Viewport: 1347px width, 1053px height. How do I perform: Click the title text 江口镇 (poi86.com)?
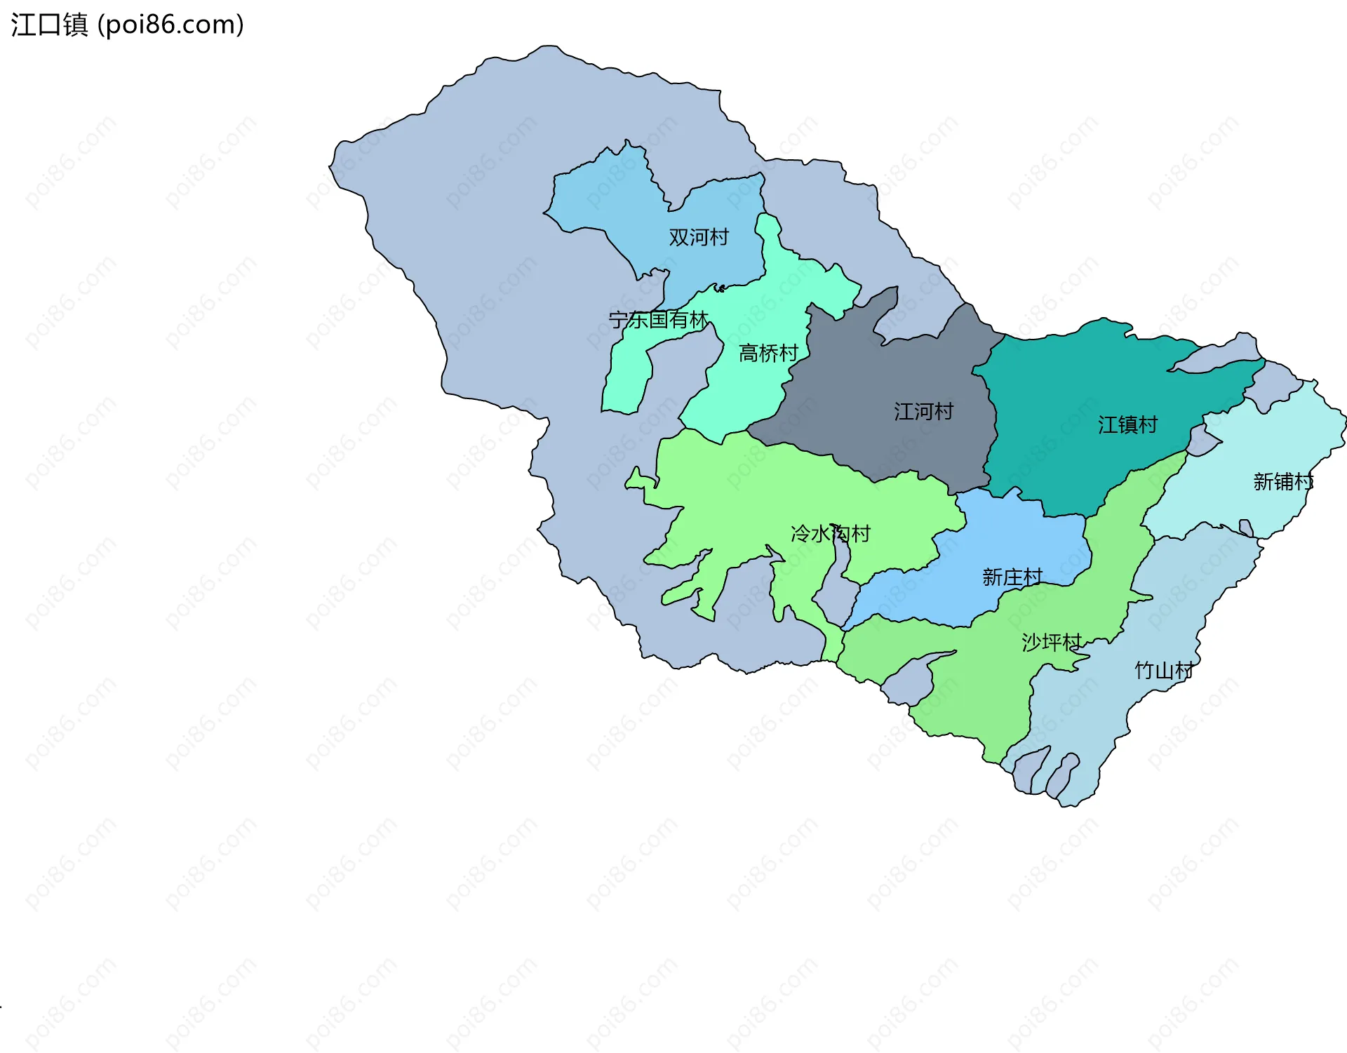(x=127, y=25)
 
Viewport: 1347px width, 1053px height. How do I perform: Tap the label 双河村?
(x=699, y=237)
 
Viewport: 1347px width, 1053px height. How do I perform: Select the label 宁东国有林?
(x=658, y=320)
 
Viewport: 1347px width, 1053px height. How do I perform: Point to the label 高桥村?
(x=768, y=353)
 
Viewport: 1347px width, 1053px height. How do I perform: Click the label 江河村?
(x=923, y=411)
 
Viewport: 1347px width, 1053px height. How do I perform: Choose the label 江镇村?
(x=1127, y=424)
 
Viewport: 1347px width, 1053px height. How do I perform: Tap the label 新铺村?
(x=1282, y=482)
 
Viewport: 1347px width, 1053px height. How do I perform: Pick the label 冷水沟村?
(x=830, y=534)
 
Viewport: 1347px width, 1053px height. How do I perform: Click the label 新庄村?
(x=1012, y=577)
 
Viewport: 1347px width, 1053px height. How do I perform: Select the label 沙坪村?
(x=1051, y=642)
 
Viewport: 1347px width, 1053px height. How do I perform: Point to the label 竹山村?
(x=1164, y=671)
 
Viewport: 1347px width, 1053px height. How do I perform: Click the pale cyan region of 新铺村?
(x=1256, y=442)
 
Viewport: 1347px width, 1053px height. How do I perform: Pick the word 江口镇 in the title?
(x=49, y=25)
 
